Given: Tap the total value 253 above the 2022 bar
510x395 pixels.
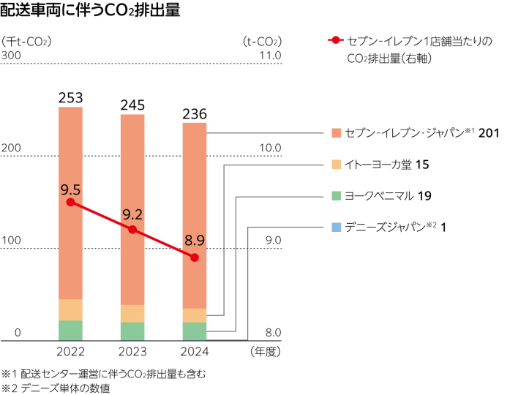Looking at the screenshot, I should [70, 98].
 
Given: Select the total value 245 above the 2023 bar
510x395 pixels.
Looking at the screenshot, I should [132, 105].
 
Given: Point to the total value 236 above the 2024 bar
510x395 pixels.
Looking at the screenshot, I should [194, 113].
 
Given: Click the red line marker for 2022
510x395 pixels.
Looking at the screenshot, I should [70, 202].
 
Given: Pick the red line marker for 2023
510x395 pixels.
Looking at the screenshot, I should [132, 230].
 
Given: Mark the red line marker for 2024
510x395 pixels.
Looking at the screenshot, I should [194, 257].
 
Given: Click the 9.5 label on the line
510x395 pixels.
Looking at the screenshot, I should [70, 189].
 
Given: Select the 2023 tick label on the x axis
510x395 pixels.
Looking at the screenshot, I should [132, 352].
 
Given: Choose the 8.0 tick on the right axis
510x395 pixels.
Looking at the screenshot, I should [273, 334].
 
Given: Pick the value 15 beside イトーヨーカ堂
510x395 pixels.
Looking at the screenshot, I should [421, 165].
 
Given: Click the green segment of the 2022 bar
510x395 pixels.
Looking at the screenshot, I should [70, 330].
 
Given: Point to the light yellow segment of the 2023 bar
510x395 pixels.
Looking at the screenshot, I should [132, 313].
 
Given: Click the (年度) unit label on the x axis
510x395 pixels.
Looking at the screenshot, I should [265, 352].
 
